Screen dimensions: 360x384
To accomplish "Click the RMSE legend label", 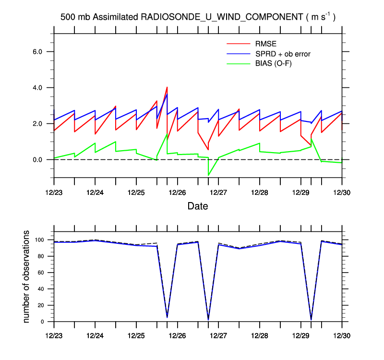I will (x=265, y=44).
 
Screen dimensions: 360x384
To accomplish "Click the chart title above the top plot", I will (x=198, y=17).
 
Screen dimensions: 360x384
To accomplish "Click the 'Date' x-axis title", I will (x=198, y=206).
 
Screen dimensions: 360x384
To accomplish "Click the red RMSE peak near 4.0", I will (x=167, y=87).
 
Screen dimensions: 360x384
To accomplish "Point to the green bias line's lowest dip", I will (x=208, y=175).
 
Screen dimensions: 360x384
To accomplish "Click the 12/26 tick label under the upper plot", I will (x=178, y=192).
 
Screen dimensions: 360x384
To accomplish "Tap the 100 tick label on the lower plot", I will (x=40, y=240).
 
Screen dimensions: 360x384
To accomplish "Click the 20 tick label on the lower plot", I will (x=42, y=305).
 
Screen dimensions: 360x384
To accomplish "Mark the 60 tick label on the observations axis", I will (x=42, y=273).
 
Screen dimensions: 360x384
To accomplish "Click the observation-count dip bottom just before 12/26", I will (x=167, y=317).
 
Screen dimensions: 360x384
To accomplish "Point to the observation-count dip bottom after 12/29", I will (x=311, y=319).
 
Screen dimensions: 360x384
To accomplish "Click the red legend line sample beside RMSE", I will (x=238, y=45).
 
